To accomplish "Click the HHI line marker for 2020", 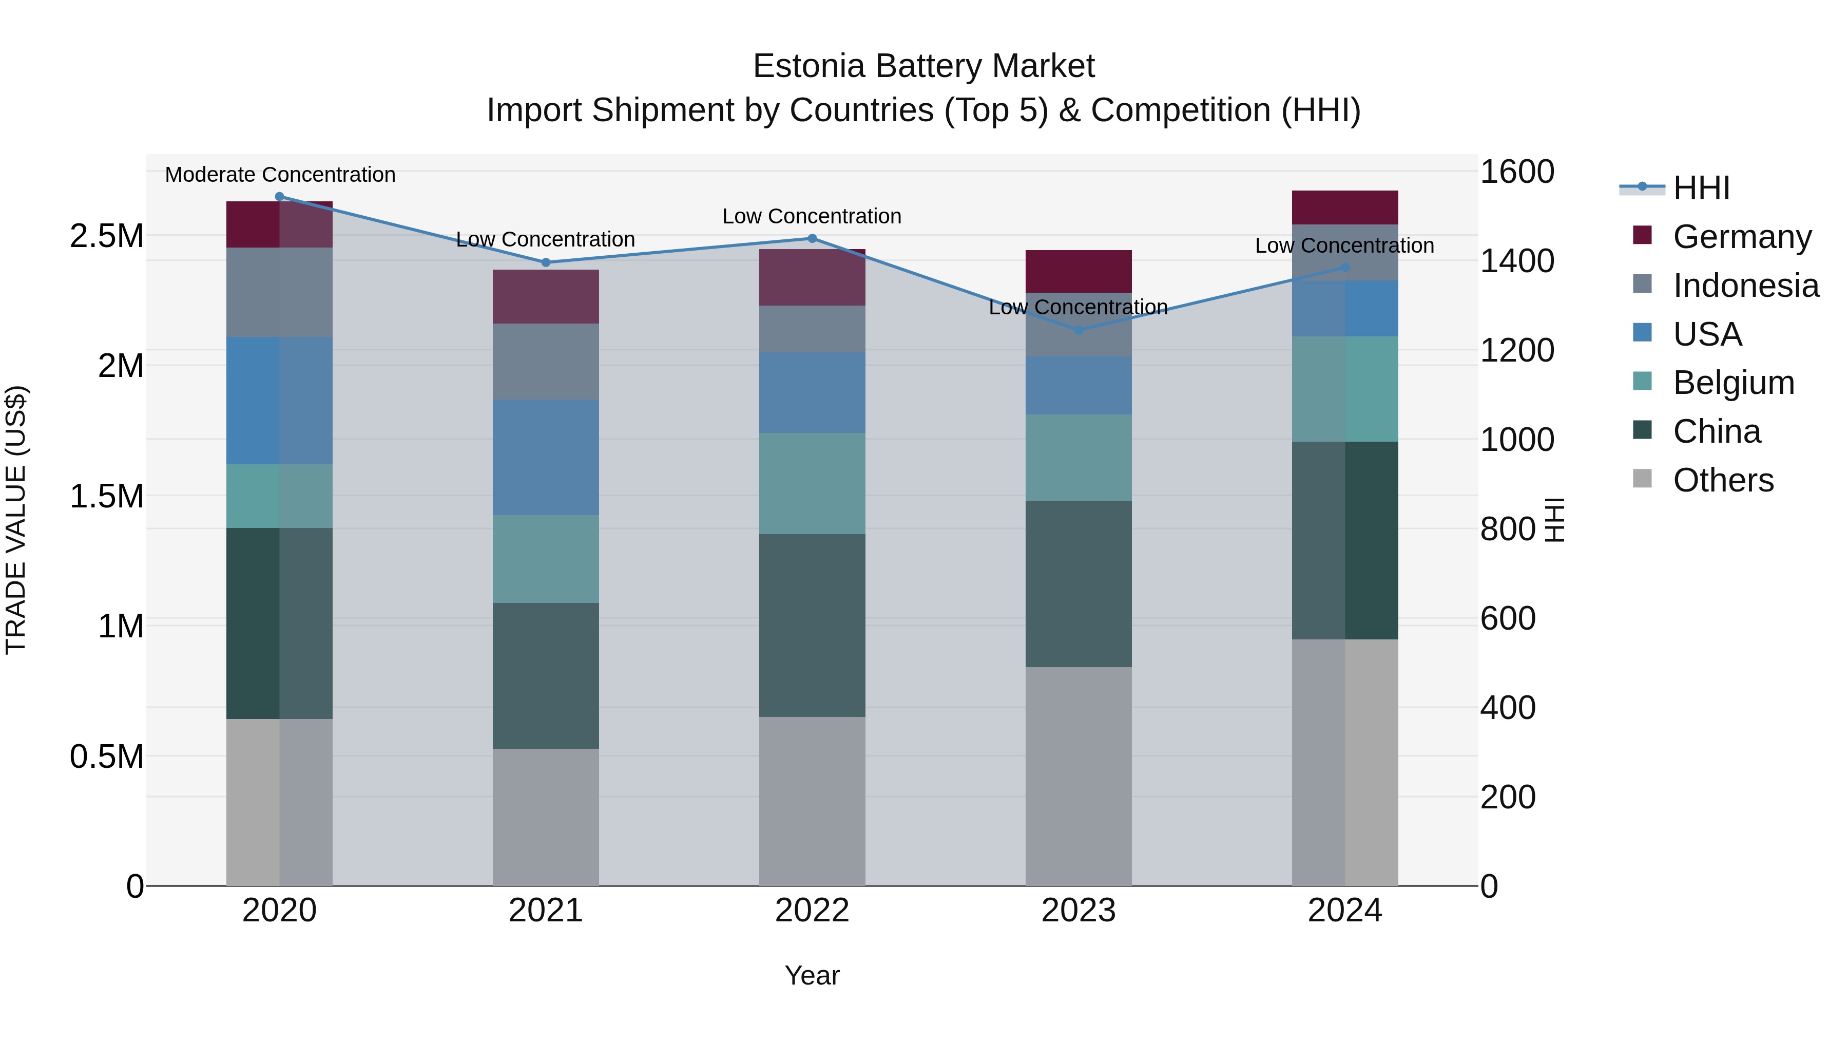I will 280,197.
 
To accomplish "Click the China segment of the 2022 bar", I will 812,625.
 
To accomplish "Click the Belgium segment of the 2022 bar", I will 812,483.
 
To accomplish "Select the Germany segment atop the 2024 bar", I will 1344,207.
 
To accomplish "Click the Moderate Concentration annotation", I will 280,175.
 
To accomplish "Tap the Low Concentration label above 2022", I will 812,216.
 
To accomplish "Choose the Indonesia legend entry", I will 1745,285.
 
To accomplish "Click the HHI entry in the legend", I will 1701,188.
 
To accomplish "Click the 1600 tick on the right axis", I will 1516,172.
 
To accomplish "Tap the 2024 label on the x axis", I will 1344,911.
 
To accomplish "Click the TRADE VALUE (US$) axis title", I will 16,520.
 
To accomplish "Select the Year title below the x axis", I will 812,975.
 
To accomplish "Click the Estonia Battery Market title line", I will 923,66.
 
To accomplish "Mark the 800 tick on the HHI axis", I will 1507,529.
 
